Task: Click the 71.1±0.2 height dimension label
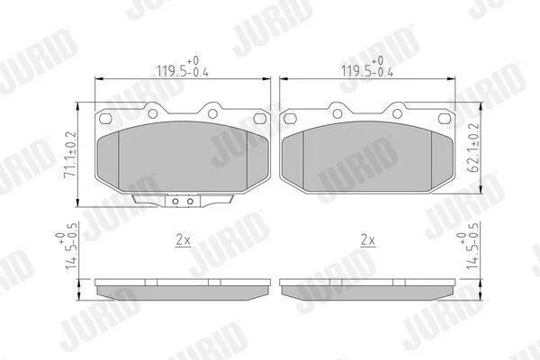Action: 70,154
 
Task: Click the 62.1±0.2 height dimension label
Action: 474,148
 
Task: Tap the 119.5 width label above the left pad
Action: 183,67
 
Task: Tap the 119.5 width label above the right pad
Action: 367,67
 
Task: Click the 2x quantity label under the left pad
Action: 183,239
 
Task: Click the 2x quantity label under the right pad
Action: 367,239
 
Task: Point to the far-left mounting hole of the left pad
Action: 105,119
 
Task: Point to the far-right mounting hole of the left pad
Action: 260,119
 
